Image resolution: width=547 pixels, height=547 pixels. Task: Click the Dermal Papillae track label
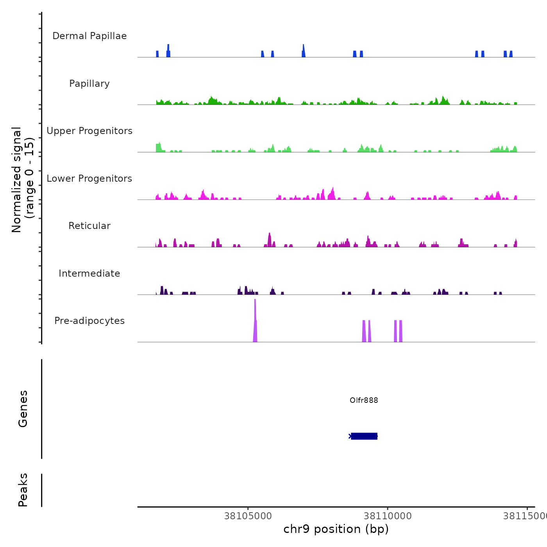[89, 36]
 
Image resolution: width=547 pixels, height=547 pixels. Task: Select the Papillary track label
[89, 84]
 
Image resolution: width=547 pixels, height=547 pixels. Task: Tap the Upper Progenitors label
[89, 131]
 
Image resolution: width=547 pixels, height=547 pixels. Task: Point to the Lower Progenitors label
[89, 179]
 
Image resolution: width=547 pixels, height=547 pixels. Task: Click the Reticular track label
[89, 226]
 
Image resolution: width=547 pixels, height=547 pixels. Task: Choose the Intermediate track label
[89, 273]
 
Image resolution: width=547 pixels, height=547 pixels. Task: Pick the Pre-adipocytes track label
[89, 321]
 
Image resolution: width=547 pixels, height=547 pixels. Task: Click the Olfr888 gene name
[364, 400]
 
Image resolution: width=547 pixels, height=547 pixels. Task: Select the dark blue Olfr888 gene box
[364, 436]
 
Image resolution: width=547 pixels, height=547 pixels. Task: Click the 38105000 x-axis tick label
[248, 516]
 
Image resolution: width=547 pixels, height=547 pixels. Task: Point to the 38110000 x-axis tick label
[388, 516]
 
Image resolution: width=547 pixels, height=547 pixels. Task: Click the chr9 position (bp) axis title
[336, 529]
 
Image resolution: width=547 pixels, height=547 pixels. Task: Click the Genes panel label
[23, 409]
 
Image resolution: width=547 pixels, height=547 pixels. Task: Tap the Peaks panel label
[23, 490]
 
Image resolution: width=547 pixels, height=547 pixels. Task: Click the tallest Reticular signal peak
[269, 239]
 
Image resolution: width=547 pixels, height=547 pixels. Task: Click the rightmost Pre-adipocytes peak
[400, 331]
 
